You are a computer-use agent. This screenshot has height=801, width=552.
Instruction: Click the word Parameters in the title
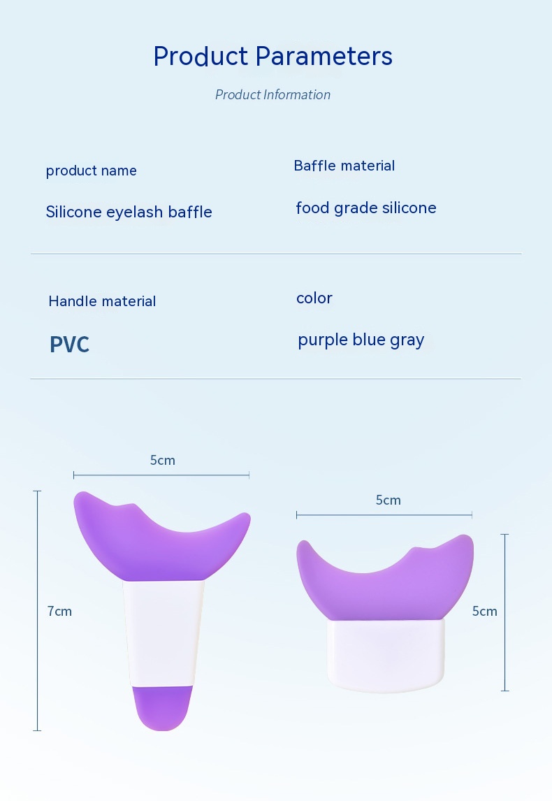[x=324, y=56]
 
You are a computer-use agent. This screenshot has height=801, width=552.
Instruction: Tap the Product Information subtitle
[x=273, y=94]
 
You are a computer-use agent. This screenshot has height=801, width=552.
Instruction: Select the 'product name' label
[x=92, y=171]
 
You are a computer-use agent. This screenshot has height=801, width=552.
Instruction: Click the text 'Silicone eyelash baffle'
[x=129, y=212]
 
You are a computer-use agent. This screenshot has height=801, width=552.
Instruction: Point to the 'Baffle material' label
[x=344, y=166]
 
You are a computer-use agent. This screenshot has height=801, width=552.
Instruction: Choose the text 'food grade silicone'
[x=366, y=208]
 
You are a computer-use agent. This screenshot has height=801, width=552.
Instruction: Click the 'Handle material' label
[x=102, y=301]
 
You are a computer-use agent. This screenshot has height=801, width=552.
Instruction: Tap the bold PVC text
[x=69, y=345]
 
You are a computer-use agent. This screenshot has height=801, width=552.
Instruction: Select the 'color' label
[x=314, y=298]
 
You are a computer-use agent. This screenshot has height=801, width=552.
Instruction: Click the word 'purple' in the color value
[x=323, y=340]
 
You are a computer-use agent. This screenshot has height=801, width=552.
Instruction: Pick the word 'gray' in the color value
[x=407, y=340]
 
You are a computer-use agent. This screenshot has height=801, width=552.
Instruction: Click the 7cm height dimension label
[x=60, y=611]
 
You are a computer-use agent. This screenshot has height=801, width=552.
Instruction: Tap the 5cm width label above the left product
[x=162, y=461]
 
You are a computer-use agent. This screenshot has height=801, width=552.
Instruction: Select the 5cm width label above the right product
[x=388, y=500]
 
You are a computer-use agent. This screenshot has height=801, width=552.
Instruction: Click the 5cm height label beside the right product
[x=485, y=611]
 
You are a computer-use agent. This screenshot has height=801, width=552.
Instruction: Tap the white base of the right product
[x=386, y=656]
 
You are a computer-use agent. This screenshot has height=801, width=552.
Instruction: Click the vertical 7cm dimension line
[x=37, y=610]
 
